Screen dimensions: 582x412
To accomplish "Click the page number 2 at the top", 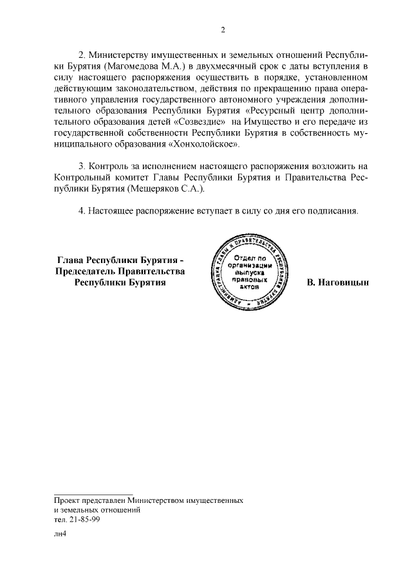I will click(x=223, y=29).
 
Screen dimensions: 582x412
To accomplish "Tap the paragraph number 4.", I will click(x=82, y=210).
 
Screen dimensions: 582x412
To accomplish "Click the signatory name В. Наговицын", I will click(x=338, y=282).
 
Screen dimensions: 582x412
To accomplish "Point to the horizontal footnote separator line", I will click(x=93, y=493).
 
